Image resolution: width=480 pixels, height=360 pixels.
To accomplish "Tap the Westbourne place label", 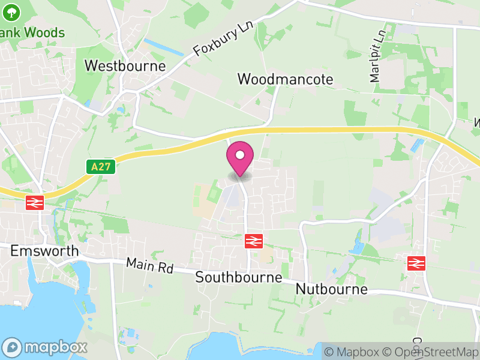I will (x=125, y=65).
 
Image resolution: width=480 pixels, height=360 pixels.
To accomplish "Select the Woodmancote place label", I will (x=285, y=79).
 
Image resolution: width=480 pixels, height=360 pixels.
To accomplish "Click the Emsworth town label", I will (x=44, y=250).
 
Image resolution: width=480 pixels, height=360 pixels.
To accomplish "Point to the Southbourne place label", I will (x=238, y=277).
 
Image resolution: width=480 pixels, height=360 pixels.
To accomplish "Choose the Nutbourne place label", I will (x=331, y=289).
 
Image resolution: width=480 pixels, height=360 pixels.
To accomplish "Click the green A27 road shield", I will (x=101, y=167).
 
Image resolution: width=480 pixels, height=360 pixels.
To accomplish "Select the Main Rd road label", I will (x=149, y=266).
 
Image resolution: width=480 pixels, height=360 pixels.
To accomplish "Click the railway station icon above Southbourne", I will (x=254, y=241).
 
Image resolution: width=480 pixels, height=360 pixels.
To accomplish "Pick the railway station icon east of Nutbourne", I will (x=416, y=263).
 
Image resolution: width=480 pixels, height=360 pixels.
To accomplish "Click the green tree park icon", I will (x=11, y=11).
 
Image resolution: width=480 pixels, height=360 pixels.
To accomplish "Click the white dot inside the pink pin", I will (x=240, y=155).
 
